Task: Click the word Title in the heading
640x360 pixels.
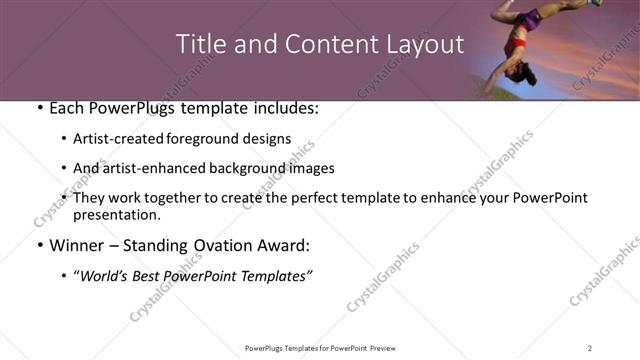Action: (200, 45)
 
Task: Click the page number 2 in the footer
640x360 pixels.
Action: (589, 348)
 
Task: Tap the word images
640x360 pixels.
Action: (310, 169)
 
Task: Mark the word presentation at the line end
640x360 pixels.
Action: (116, 215)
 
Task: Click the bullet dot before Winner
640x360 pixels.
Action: (39, 246)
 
